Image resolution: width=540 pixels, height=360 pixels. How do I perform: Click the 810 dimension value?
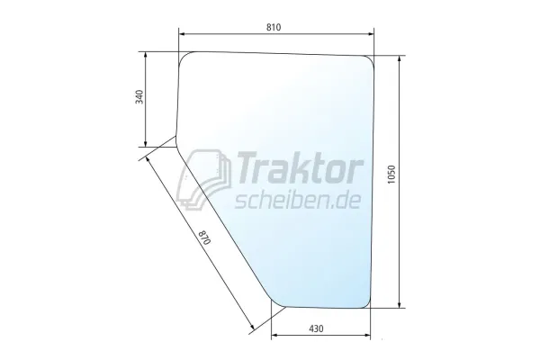click(x=274, y=27)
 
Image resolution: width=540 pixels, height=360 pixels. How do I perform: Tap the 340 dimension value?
click(x=139, y=97)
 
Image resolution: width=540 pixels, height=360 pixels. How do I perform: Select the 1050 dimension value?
click(x=391, y=175)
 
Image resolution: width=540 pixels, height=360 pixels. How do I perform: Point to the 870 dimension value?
click(x=204, y=237)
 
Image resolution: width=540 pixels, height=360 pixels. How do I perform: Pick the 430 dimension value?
click(x=316, y=328)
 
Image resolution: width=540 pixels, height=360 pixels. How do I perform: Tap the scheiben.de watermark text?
click(x=298, y=201)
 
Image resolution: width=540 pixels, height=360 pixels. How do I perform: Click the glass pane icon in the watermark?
click(x=203, y=179)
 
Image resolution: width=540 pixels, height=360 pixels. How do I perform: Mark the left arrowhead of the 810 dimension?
click(x=182, y=34)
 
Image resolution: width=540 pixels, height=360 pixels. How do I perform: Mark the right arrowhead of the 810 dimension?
click(x=371, y=34)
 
